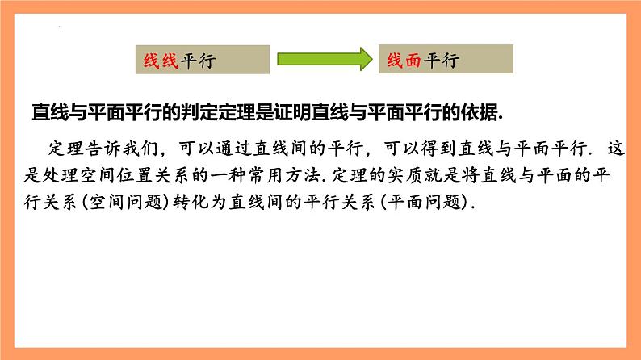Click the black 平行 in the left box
tap(196, 60)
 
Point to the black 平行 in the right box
tap(440, 60)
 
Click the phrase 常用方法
tap(300, 177)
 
